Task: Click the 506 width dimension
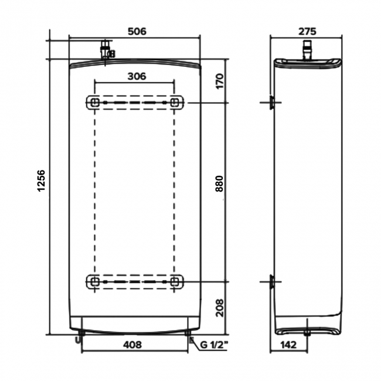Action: [137, 31]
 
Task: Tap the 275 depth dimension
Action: [307, 31]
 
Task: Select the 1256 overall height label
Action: [42, 181]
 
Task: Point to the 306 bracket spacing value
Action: [137, 76]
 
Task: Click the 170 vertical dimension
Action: [219, 81]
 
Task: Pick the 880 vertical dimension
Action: [219, 183]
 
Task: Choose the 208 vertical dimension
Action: [219, 308]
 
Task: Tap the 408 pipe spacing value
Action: [132, 345]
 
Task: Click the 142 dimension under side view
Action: [288, 345]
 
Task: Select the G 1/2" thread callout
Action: [214, 345]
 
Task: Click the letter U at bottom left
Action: [77, 341]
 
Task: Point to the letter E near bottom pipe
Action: [192, 341]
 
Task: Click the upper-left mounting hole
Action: [95, 103]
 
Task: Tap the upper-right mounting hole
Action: [175, 103]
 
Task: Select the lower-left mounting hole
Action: [95, 282]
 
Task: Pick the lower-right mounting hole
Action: [175, 282]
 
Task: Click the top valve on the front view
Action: [106, 49]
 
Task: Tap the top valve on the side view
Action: [307, 50]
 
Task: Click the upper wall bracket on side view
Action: [271, 103]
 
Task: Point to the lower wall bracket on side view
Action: [271, 282]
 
